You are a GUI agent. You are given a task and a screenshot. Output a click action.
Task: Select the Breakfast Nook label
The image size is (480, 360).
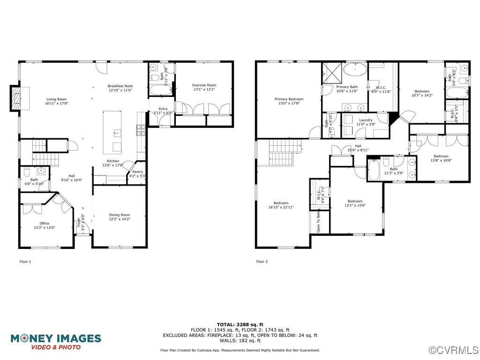coord(120,88)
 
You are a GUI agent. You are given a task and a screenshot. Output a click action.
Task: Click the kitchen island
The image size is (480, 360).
coord(112,132)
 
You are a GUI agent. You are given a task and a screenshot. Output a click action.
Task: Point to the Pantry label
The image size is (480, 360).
coord(137,174)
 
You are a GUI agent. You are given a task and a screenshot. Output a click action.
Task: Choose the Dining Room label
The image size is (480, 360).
coord(120,217)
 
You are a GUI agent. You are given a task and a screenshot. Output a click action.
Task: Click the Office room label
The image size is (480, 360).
coord(44,225)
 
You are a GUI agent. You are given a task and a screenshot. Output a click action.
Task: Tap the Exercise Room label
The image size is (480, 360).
coord(204,87)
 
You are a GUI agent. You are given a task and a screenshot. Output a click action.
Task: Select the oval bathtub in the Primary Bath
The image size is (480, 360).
coord(355,70)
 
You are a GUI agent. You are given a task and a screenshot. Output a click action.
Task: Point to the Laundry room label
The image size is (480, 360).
coord(366,122)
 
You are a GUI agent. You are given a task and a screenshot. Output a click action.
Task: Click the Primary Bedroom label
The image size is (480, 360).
coord(289,101)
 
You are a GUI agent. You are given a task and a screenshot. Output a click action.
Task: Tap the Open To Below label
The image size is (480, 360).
coord(318,222)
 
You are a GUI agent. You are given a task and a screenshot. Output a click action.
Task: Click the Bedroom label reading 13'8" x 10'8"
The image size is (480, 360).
coord(441,158)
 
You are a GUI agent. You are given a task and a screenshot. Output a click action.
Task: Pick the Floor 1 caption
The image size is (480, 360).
coord(25,262)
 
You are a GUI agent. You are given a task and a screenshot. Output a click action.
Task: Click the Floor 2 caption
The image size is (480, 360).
coord(262,262)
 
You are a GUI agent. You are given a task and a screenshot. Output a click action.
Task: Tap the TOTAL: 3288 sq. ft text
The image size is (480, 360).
coord(240,324)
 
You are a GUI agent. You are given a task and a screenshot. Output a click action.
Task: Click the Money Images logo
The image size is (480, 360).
coord(56,341)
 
